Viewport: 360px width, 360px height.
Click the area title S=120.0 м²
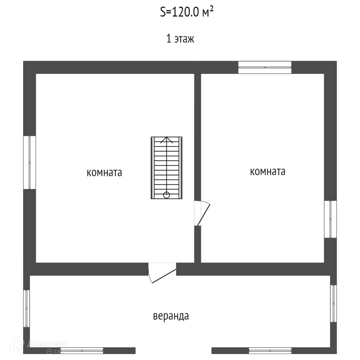click(x=186, y=12)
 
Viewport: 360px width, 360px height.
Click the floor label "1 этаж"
click(x=180, y=39)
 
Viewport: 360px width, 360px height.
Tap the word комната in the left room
click(x=104, y=173)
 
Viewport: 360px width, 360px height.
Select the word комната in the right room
click(x=268, y=172)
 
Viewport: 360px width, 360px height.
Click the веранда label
click(x=171, y=316)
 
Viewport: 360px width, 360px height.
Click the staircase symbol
click(x=166, y=168)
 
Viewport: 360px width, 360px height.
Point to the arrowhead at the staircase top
click(x=167, y=139)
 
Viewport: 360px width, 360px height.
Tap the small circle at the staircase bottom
click(x=167, y=195)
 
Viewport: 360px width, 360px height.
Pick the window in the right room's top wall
click(x=265, y=67)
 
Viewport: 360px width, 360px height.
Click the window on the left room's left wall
click(x=30, y=162)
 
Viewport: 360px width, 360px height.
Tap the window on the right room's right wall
click(x=330, y=219)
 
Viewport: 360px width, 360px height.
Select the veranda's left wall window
click(x=27, y=308)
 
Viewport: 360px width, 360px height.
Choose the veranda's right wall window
click(x=333, y=303)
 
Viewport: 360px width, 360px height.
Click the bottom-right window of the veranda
click(x=270, y=350)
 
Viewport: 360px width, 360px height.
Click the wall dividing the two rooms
click(x=198, y=133)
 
